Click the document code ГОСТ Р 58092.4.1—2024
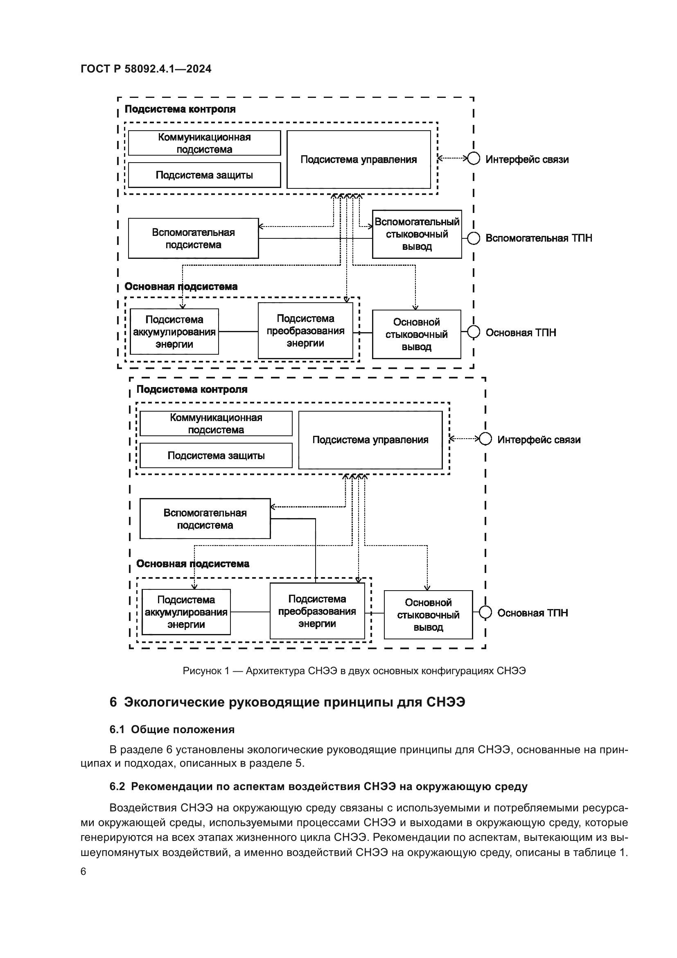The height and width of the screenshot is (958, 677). tap(146, 69)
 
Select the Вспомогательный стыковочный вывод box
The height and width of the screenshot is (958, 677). tap(417, 234)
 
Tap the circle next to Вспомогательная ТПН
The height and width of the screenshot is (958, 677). tap(474, 238)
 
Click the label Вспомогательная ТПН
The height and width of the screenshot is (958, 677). tap(539, 238)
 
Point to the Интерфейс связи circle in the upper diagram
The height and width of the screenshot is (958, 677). tap(474, 159)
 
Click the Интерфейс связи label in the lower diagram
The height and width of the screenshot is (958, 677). tap(539, 439)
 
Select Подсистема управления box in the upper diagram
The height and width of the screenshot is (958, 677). tap(359, 159)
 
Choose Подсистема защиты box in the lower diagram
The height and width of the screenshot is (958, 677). tap(216, 455)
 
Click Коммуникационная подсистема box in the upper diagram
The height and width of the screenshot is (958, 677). tap(204, 143)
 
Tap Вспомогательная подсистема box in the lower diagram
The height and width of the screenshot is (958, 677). tap(205, 519)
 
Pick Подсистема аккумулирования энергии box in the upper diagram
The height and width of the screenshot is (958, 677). tap(174, 332)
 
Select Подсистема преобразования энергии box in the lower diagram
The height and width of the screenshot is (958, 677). tap(317, 611)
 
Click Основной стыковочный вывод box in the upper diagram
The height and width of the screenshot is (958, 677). tap(416, 334)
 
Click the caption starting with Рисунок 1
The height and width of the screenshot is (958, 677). tap(354, 671)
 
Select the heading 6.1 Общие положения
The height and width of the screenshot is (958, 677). tap(172, 729)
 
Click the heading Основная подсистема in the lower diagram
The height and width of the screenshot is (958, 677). tap(193, 564)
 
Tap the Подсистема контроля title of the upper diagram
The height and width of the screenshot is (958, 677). tap(180, 109)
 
